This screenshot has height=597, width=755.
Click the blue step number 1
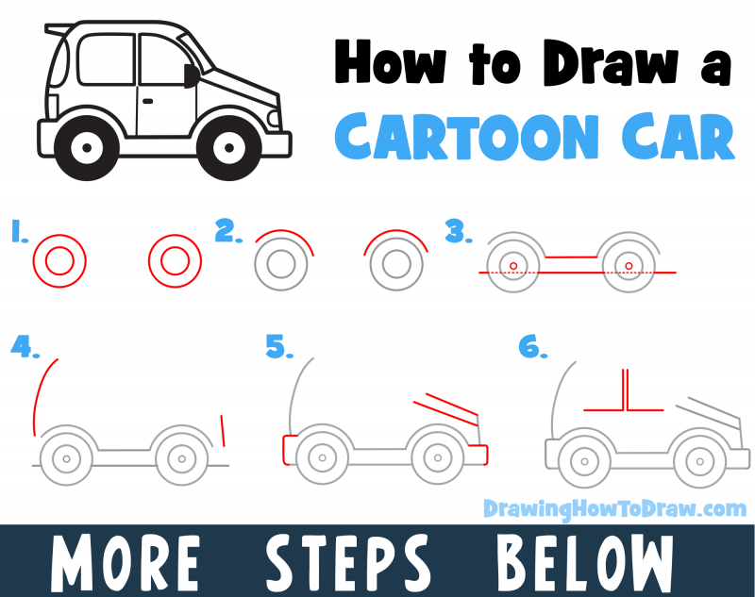coord(18,233)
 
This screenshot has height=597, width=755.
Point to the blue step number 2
coord(226,232)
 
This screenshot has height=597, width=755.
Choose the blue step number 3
coord(457,232)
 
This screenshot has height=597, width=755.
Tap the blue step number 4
coord(25,347)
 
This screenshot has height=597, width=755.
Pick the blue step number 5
coord(277,347)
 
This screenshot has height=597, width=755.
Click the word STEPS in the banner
coord(349,561)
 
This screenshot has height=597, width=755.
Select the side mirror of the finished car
coord(193,75)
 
